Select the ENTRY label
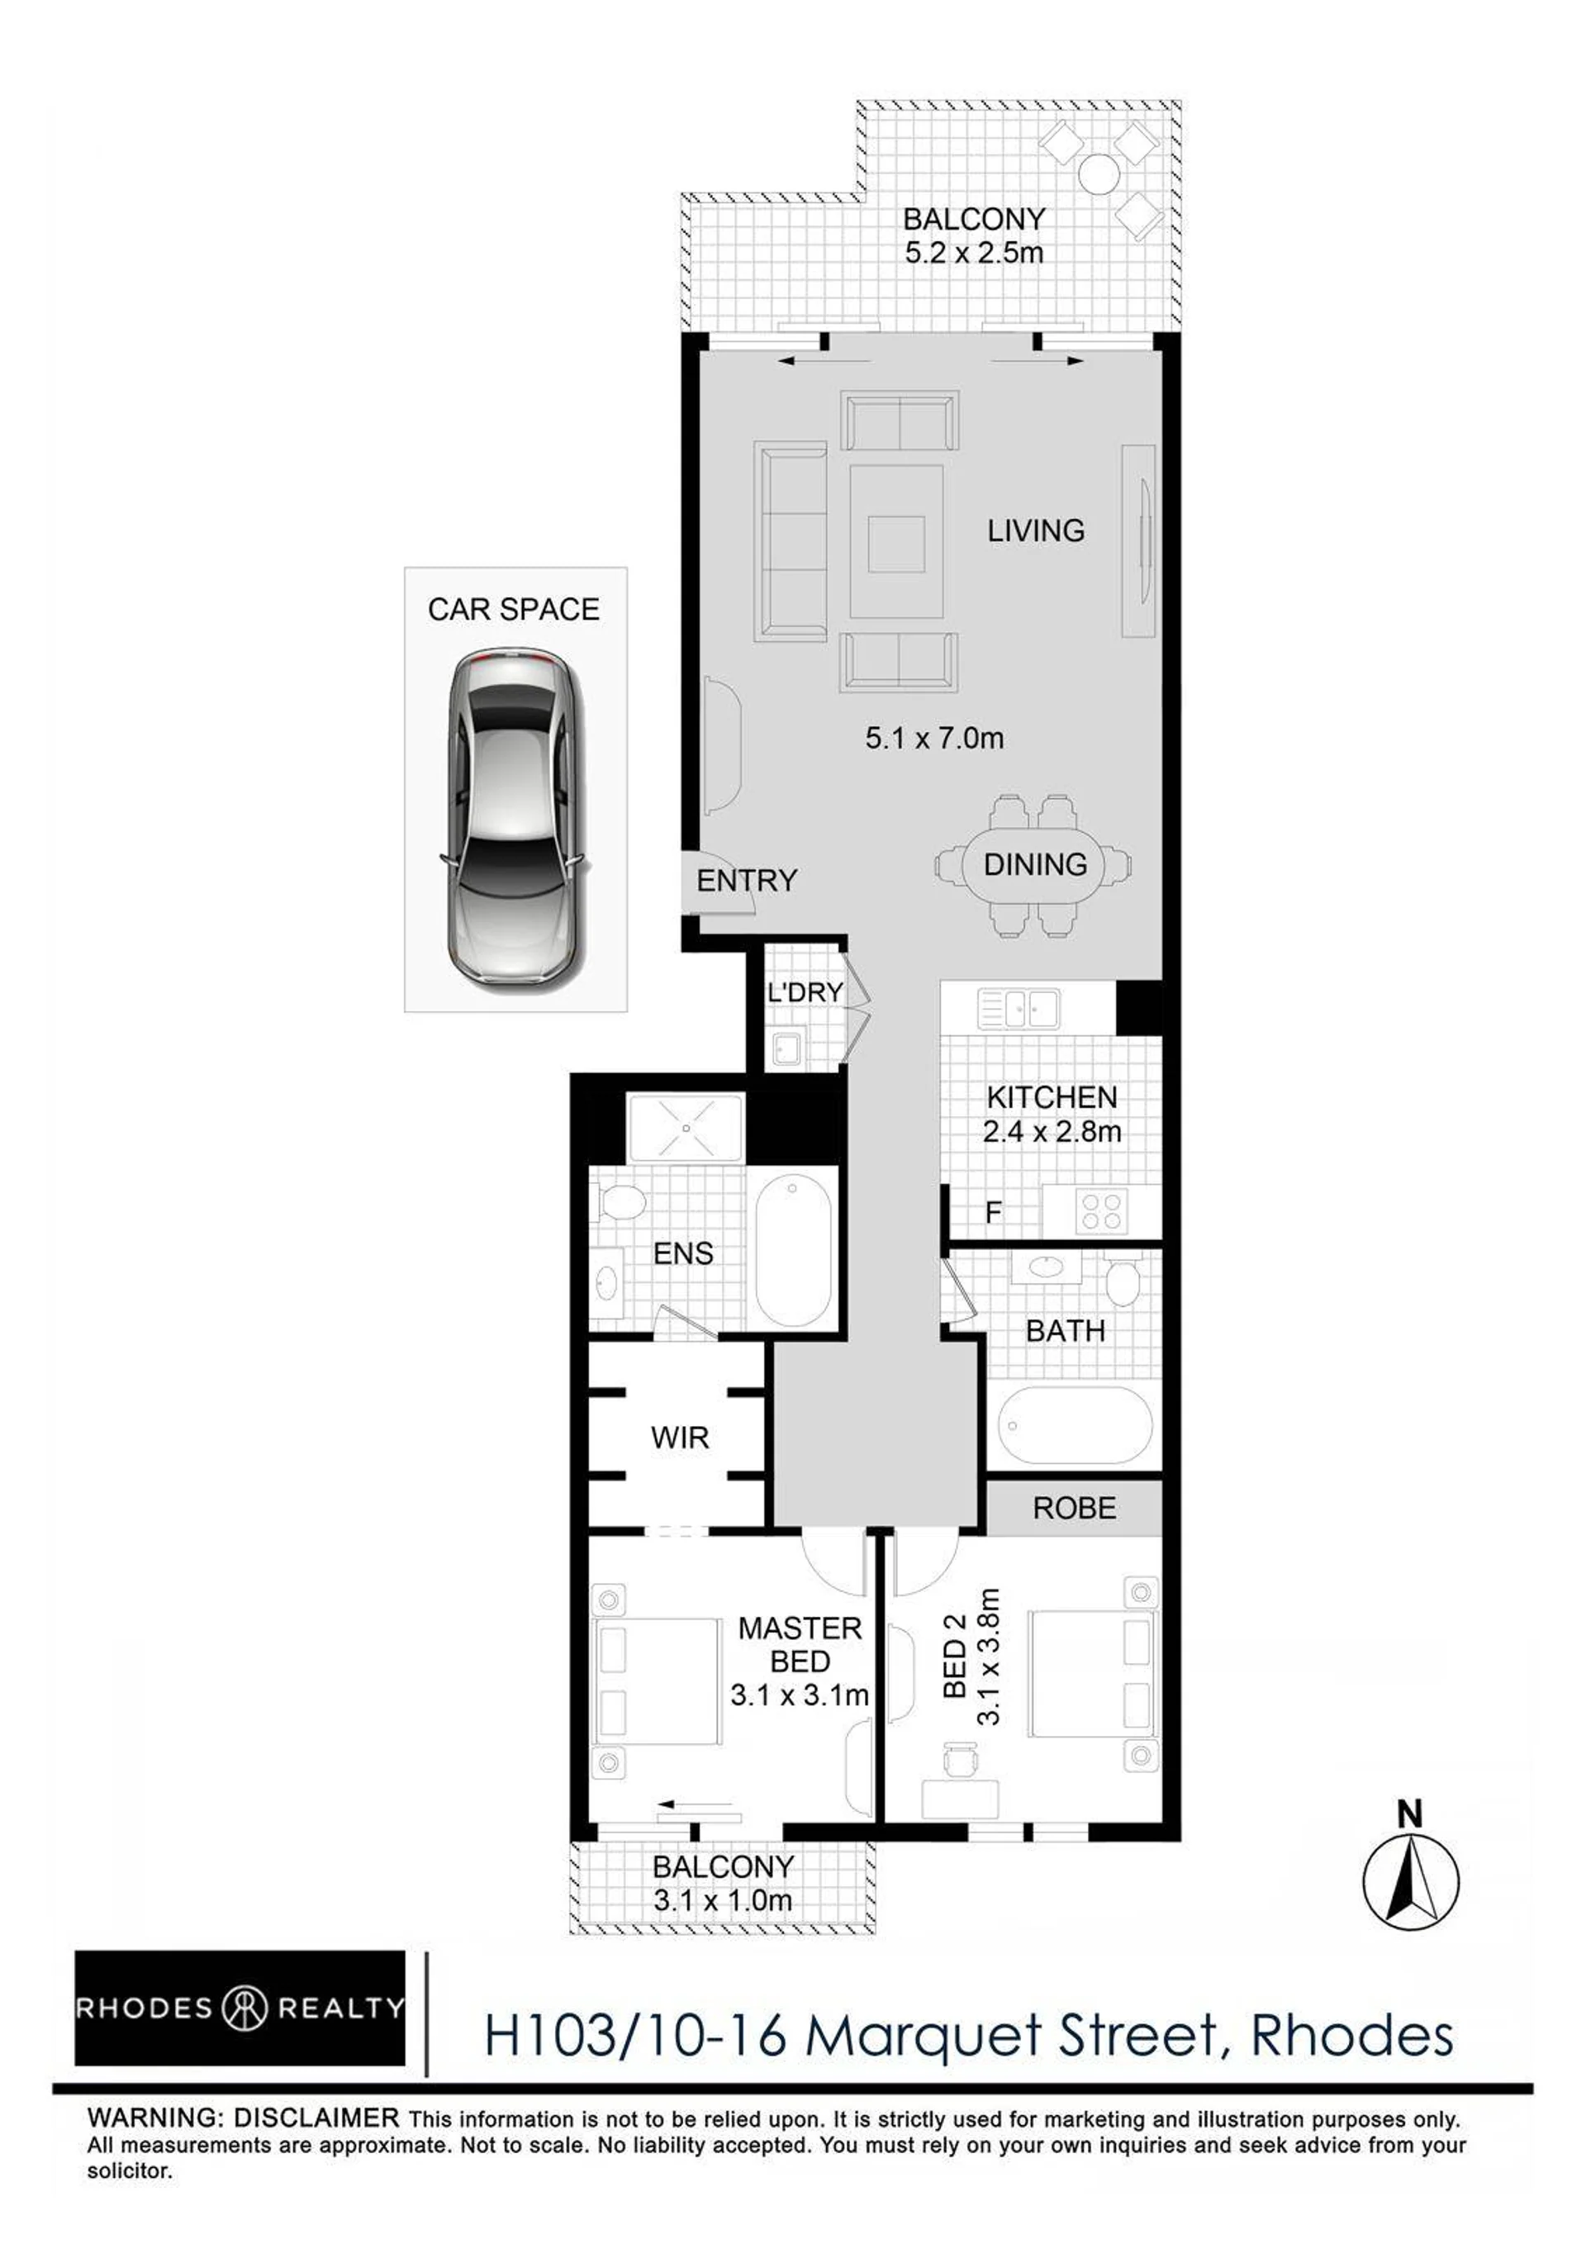pyautogui.click(x=747, y=881)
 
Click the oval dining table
pyautogui.click(x=1034, y=865)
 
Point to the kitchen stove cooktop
pyautogui.click(x=1101, y=1212)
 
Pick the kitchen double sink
pyautogui.click(x=1019, y=1008)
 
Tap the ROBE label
pyautogui.click(x=1074, y=1507)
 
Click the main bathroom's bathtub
pyautogui.click(x=1075, y=1425)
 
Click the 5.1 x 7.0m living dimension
pyautogui.click(x=934, y=738)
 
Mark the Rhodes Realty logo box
pyautogui.click(x=240, y=2009)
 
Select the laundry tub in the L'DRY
pyautogui.click(x=787, y=1048)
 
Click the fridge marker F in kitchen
pyautogui.click(x=993, y=1213)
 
